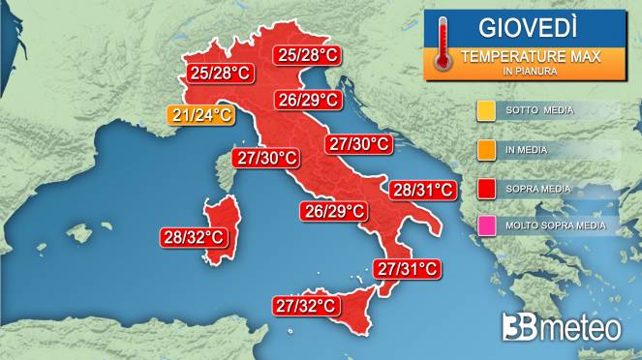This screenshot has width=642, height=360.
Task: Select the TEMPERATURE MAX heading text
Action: point(530,57)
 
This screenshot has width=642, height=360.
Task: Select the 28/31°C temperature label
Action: point(422,191)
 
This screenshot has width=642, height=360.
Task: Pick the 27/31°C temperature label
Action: point(408,268)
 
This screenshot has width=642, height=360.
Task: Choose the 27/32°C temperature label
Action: point(306,306)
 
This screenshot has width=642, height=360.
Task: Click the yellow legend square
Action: point(485,110)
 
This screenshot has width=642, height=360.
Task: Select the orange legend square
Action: point(485,149)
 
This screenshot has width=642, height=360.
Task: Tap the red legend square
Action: point(485,188)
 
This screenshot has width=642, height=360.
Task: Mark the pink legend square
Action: point(485,226)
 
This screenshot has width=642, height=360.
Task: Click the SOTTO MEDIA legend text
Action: point(539,110)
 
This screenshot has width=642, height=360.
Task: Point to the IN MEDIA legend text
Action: point(527,149)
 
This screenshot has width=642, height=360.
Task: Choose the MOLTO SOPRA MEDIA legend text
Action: point(556,226)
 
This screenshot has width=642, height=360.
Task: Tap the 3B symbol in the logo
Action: point(519,328)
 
